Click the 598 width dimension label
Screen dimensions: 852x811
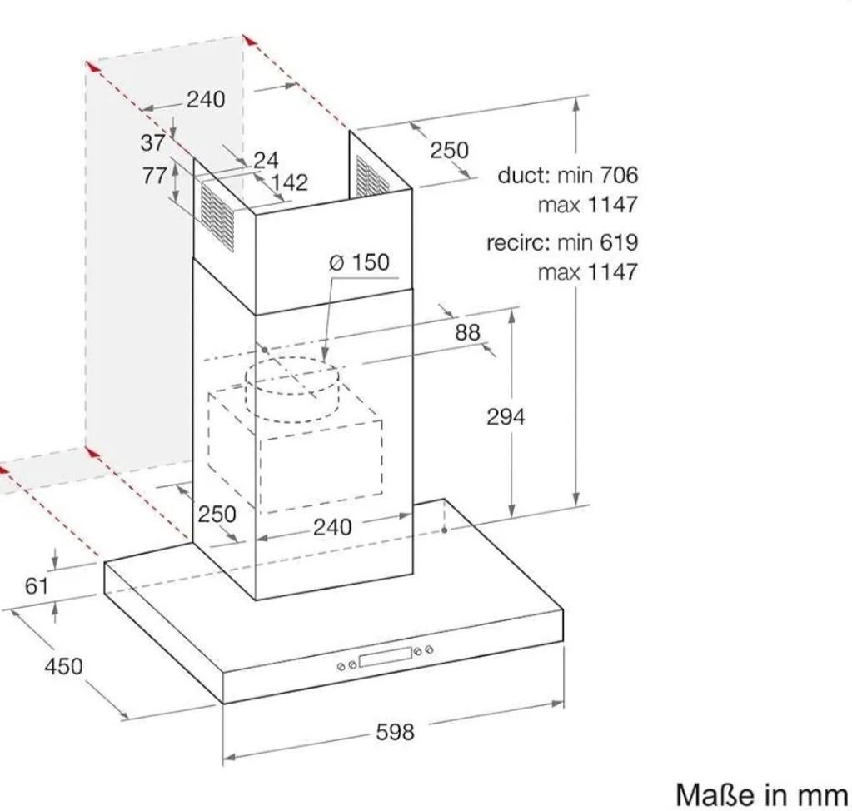[x=395, y=732]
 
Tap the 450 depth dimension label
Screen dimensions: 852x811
[x=63, y=666]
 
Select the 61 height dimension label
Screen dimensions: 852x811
[x=37, y=586]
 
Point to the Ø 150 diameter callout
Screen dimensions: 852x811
[x=360, y=262]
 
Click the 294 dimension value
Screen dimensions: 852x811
[x=506, y=417]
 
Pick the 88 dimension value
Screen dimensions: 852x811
[x=467, y=332]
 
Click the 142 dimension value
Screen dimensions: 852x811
[x=290, y=182]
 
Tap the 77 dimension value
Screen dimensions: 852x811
[x=154, y=176]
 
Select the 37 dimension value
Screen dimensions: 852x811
[x=152, y=143]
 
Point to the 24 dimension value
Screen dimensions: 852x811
[x=266, y=160]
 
